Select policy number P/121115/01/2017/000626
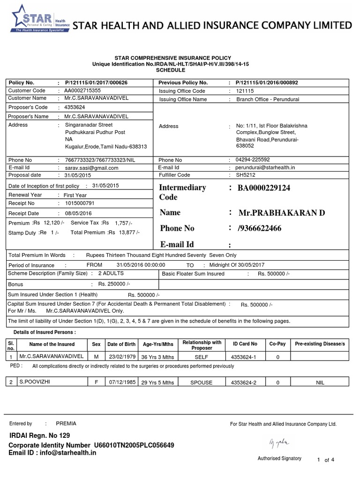click(x=96, y=82)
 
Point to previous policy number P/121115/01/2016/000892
click(x=267, y=82)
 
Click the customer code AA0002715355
click(x=82, y=90)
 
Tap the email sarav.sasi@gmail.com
click(x=91, y=167)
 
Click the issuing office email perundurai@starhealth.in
click(x=265, y=167)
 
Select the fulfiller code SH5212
click(x=246, y=175)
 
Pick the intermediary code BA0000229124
click(x=264, y=188)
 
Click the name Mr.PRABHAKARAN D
click(x=281, y=213)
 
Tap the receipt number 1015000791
click(x=79, y=203)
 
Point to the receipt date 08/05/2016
click(x=78, y=213)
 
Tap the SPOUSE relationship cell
click(x=202, y=382)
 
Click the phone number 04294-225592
click(x=254, y=160)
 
